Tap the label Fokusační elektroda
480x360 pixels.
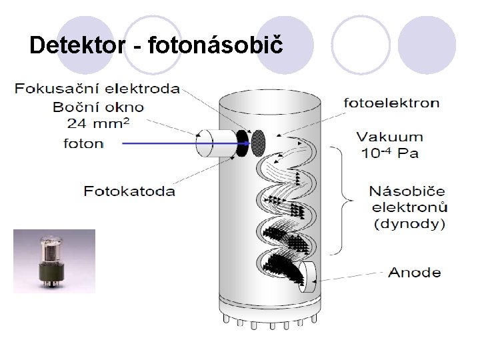pyautogui.click(x=97, y=89)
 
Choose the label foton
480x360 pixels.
pyautogui.click(x=84, y=143)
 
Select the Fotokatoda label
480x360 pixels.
pyautogui.click(x=130, y=191)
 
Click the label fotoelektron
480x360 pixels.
pyautogui.click(x=391, y=103)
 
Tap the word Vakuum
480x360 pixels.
pyautogui.click(x=390, y=137)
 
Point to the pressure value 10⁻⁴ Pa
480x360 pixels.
pyautogui.click(x=390, y=154)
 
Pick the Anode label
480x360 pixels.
pyautogui.click(x=415, y=272)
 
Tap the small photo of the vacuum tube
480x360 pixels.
pyautogui.click(x=54, y=261)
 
